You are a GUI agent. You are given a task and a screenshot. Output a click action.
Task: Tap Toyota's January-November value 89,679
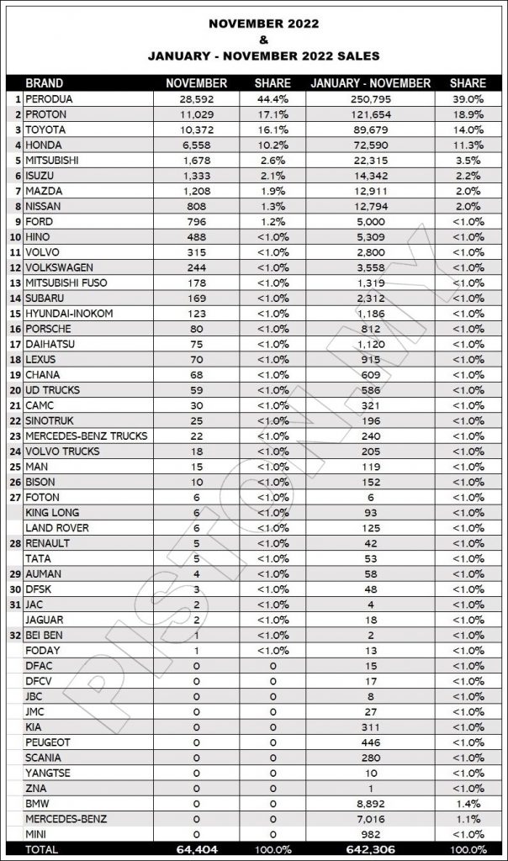coord(372,130)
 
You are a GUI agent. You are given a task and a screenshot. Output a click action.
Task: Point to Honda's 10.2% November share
coord(273,145)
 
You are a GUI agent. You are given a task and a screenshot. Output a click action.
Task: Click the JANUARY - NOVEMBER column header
coord(371,83)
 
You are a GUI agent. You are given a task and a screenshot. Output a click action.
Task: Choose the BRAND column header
coord(45,83)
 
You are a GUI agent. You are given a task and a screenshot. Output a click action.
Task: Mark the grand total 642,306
coord(372,850)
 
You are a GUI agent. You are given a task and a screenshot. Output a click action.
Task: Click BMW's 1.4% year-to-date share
coord(468,803)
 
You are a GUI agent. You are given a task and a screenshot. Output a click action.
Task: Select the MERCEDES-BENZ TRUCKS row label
coord(87,436)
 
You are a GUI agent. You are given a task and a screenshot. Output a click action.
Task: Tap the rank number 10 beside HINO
coord(14,237)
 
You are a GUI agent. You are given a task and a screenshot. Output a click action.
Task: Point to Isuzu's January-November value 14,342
coord(372,176)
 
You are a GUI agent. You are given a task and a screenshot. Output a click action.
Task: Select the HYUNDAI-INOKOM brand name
coord(69,314)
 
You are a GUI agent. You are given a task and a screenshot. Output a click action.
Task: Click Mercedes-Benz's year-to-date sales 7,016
coord(372,818)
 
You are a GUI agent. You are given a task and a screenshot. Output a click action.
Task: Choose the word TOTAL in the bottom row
coord(42,850)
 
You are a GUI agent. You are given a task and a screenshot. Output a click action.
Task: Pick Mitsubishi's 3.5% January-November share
coord(468,161)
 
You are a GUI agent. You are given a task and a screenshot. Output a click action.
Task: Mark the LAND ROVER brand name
coord(58,528)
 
